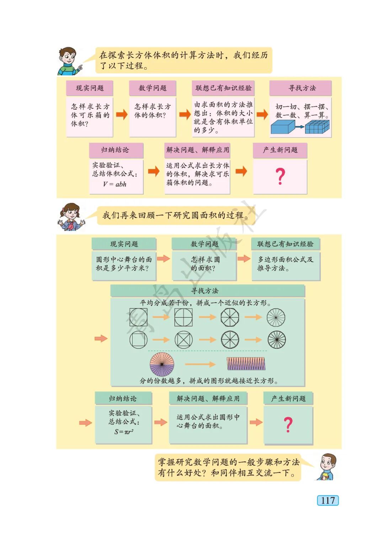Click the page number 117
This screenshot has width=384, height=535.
click(327, 500)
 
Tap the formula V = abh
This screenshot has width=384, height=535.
click(114, 184)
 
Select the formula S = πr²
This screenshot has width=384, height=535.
click(124, 431)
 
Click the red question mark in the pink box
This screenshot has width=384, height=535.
click(280, 176)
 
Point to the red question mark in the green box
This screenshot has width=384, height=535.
click(288, 425)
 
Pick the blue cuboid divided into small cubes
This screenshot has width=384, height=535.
click(317, 127)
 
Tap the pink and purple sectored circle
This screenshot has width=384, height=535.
click(162, 364)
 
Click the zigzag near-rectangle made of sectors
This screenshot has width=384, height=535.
click(246, 364)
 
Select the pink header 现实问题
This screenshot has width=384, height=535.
click(90, 88)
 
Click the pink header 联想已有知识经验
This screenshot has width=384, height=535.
click(223, 88)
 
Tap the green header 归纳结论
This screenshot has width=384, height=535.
click(123, 398)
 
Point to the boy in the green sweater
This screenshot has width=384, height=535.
click(69, 61)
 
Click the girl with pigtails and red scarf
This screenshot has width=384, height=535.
click(71, 217)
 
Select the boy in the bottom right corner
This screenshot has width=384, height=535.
click(327, 466)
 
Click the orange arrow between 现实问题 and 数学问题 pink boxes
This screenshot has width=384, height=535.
click(122, 115)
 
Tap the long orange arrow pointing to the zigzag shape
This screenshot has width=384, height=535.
click(200, 364)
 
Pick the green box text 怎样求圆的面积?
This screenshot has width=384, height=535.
click(204, 264)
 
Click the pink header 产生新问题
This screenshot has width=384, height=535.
click(280, 150)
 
